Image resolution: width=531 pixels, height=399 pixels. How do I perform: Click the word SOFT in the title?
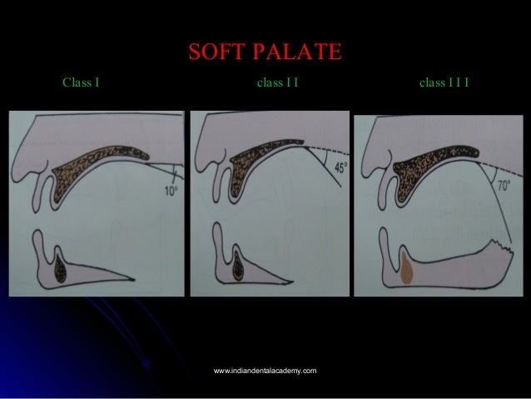point(216,52)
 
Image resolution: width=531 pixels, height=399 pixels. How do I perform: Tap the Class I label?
point(82,83)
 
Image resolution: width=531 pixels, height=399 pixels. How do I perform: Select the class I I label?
point(278,83)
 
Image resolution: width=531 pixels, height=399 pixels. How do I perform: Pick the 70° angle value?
point(503,185)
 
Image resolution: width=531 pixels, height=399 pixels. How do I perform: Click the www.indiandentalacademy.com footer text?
point(265,369)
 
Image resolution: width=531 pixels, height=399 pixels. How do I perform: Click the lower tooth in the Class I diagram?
point(62,266)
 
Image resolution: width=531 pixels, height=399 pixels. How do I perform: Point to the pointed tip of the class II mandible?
point(336,277)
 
